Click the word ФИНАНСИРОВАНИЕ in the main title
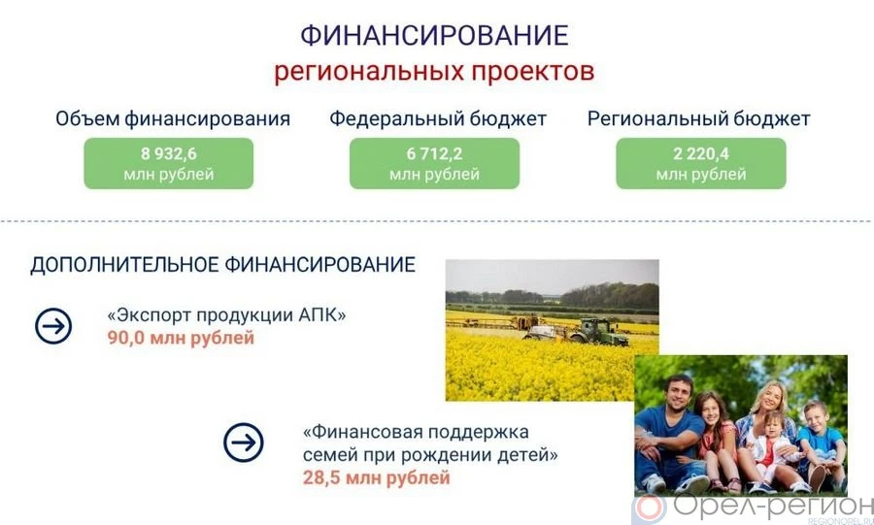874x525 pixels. pos(435,36)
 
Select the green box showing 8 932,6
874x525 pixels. pos(169,163)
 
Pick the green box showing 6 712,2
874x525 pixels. pos(435,163)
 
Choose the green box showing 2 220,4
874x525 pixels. pos(701,163)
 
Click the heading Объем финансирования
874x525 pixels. pos(173,119)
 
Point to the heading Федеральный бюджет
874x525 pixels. pos(438,119)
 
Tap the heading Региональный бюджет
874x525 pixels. pos(699,119)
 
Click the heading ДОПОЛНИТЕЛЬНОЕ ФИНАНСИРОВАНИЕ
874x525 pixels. pos(223,265)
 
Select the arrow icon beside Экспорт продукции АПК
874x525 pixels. pos(53,326)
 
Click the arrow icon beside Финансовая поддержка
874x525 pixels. pos(244,443)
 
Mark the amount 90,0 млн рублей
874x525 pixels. pos(181,338)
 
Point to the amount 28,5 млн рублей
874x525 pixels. pos(376,477)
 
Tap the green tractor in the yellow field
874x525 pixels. pos(598,332)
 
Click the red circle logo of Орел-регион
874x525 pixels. pos(650,509)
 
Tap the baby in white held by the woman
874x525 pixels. pos(774,445)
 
